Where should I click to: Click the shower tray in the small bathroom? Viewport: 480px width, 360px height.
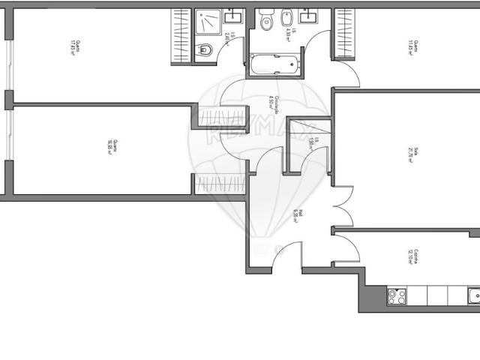[209, 23]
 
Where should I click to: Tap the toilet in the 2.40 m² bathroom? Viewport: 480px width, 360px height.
[206, 51]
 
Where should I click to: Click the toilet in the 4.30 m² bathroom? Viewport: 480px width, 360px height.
[265, 22]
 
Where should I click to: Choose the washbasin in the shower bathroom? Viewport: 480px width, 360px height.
[232, 15]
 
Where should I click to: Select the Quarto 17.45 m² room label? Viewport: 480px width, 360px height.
[73, 46]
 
